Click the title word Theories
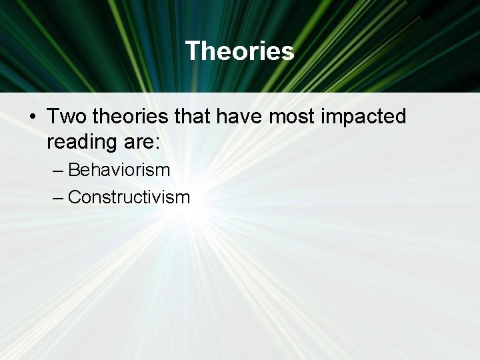click(239, 51)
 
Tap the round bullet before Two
click(32, 117)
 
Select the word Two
click(67, 117)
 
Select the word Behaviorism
click(119, 170)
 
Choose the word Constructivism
click(129, 197)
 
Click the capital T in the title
click(192, 51)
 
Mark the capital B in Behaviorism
click(74, 170)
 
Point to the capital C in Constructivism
click(75, 197)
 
